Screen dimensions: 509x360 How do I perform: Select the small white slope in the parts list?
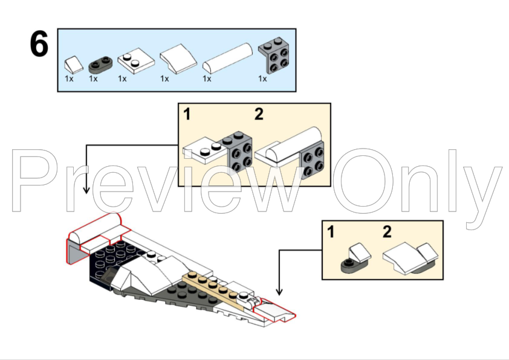[x=74, y=65]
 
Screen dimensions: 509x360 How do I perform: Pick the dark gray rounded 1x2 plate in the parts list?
[x=100, y=64]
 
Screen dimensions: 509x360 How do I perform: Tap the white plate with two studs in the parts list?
[x=136, y=61]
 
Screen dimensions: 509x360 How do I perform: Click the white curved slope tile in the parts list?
[x=178, y=59]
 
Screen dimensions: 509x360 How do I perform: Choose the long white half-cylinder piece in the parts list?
[x=227, y=59]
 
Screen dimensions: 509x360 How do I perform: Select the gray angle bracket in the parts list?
[x=274, y=55]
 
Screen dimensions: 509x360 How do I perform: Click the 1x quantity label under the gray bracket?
[x=262, y=79]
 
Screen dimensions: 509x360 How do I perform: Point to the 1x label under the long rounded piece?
[x=207, y=79]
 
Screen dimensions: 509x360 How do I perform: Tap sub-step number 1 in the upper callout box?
[x=187, y=114]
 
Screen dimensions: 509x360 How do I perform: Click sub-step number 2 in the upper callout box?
[x=259, y=114]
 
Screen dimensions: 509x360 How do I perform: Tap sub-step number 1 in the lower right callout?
[x=331, y=232]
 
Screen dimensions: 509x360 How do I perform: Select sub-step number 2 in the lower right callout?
[x=387, y=232]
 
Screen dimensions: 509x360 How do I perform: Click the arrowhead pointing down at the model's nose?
[x=279, y=292]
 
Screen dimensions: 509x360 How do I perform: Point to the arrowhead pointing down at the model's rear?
[x=86, y=190]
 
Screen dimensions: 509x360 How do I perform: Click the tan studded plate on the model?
[x=213, y=289]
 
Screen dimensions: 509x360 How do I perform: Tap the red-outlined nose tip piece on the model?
[x=274, y=310]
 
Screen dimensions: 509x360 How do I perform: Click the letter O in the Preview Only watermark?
[x=365, y=181]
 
